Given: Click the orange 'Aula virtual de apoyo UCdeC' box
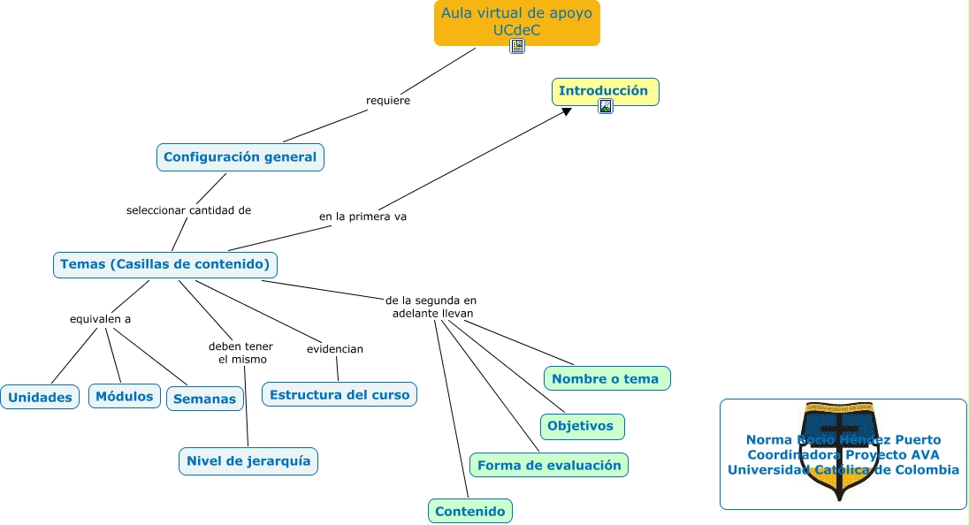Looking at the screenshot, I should pyautogui.click(x=516, y=20).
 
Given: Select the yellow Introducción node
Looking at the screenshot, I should pyautogui.click(x=605, y=90).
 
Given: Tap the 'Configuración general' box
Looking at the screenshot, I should pyautogui.click(x=240, y=157).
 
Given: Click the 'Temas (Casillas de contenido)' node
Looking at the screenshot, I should pyautogui.click(x=164, y=264).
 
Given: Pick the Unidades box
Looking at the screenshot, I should pyautogui.click(x=40, y=398).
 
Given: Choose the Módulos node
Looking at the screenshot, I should pyautogui.click(x=125, y=396).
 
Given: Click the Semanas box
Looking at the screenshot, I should pyautogui.click(x=205, y=399).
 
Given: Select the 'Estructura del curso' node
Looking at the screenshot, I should pyautogui.click(x=340, y=394).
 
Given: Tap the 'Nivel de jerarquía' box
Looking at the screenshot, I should pyautogui.click(x=248, y=460).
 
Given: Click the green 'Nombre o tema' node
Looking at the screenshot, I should pyautogui.click(x=607, y=378).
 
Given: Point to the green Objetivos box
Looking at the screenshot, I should pyautogui.click(x=581, y=426).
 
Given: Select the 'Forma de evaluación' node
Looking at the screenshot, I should pyautogui.click(x=548, y=465).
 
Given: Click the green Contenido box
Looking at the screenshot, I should pyautogui.click(x=470, y=511).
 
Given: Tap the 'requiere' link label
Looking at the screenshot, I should pyautogui.click(x=388, y=101).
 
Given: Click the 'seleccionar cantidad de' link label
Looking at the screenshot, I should pyautogui.click(x=188, y=210).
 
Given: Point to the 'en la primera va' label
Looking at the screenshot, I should pyautogui.click(x=362, y=216).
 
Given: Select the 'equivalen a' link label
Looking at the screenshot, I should pyautogui.click(x=100, y=319).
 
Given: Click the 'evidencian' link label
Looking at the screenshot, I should pyautogui.click(x=335, y=349).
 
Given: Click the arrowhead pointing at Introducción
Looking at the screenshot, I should pyautogui.click(x=567, y=110).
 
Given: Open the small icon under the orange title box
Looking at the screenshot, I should pyautogui.click(x=517, y=46).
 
